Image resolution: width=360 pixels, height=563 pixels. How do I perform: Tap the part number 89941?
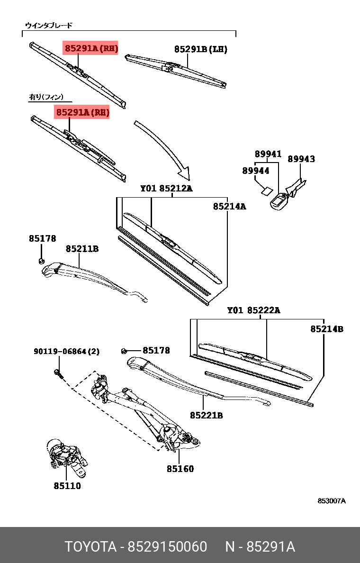pyautogui.click(x=268, y=154)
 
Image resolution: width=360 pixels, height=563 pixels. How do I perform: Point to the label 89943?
pyautogui.click(x=301, y=159)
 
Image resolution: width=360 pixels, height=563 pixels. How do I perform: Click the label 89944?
pyautogui.click(x=256, y=171)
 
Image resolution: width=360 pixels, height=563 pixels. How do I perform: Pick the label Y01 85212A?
pyautogui.click(x=166, y=189)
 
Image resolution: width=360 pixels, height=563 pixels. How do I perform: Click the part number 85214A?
pyautogui.click(x=229, y=206)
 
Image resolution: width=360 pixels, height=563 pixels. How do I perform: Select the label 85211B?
pyautogui.click(x=82, y=248)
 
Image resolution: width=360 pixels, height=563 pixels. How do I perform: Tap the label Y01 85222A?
pyautogui.click(x=253, y=310)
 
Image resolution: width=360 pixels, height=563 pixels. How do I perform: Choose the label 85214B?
pyautogui.click(x=327, y=329)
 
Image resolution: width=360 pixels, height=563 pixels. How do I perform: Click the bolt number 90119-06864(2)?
pyautogui.click(x=66, y=352)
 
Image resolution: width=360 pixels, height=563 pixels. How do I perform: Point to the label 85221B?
pyautogui.click(x=207, y=416)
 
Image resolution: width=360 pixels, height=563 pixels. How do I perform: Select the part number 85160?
pyautogui.click(x=180, y=469)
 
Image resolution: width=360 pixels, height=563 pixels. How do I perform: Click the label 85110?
pyautogui.click(x=67, y=486)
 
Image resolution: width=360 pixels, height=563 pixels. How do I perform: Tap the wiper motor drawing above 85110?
pyautogui.click(x=66, y=455)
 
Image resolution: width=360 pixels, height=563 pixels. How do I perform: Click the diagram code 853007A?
pyautogui.click(x=332, y=501)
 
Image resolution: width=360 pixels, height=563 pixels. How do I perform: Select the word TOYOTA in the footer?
pyautogui.click(x=90, y=547)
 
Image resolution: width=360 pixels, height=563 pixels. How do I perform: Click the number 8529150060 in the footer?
pyautogui.click(x=167, y=547)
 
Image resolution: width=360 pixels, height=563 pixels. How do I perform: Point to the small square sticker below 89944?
pyautogui.click(x=266, y=191)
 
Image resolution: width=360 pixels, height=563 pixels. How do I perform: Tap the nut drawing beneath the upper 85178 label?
pyautogui.click(x=42, y=261)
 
